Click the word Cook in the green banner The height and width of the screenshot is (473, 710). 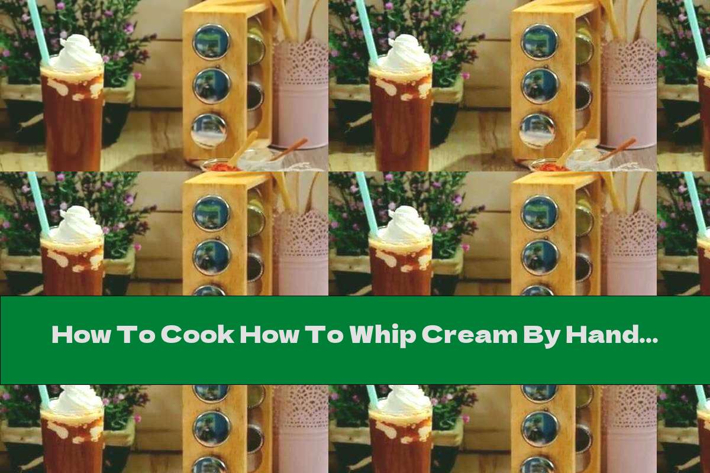(x=198, y=335)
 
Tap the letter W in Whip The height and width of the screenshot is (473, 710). (x=362, y=335)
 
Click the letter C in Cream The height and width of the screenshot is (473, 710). (x=431, y=335)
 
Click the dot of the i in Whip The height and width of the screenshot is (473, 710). (x=394, y=327)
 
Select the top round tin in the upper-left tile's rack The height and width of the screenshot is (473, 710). (x=211, y=41)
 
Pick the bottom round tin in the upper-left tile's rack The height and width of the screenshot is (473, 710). (x=209, y=131)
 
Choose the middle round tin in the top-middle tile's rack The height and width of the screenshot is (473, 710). (x=540, y=86)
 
